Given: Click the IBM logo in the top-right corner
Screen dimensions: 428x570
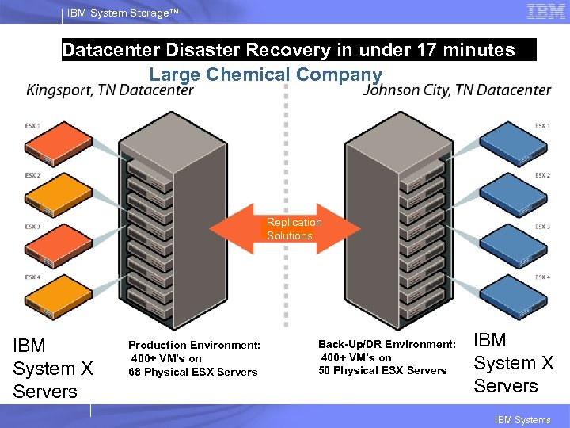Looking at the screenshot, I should pyautogui.click(x=545, y=12).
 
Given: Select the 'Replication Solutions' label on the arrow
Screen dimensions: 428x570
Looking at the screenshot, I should pyautogui.click(x=294, y=229).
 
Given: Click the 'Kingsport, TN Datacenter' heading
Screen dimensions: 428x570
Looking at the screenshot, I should pyautogui.click(x=110, y=90).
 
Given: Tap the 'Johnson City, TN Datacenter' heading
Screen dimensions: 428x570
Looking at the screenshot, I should pyautogui.click(x=458, y=90).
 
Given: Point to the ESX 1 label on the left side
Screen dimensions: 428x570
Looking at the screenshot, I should pyautogui.click(x=32, y=125).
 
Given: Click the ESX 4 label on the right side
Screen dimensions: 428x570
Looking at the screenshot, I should pyautogui.click(x=542, y=277).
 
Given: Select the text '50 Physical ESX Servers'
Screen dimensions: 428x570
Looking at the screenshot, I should pyautogui.click(x=382, y=370).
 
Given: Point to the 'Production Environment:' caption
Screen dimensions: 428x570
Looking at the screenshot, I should pyautogui.click(x=194, y=345).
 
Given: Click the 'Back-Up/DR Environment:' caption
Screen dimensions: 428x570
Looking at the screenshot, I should pyautogui.click(x=386, y=344).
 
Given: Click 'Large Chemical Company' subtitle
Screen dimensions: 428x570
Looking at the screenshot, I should pyautogui.click(x=265, y=75).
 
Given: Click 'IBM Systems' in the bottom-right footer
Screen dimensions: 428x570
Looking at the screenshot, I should pyautogui.click(x=522, y=420).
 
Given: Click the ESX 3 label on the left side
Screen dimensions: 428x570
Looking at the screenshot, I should pyautogui.click(x=32, y=227).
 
